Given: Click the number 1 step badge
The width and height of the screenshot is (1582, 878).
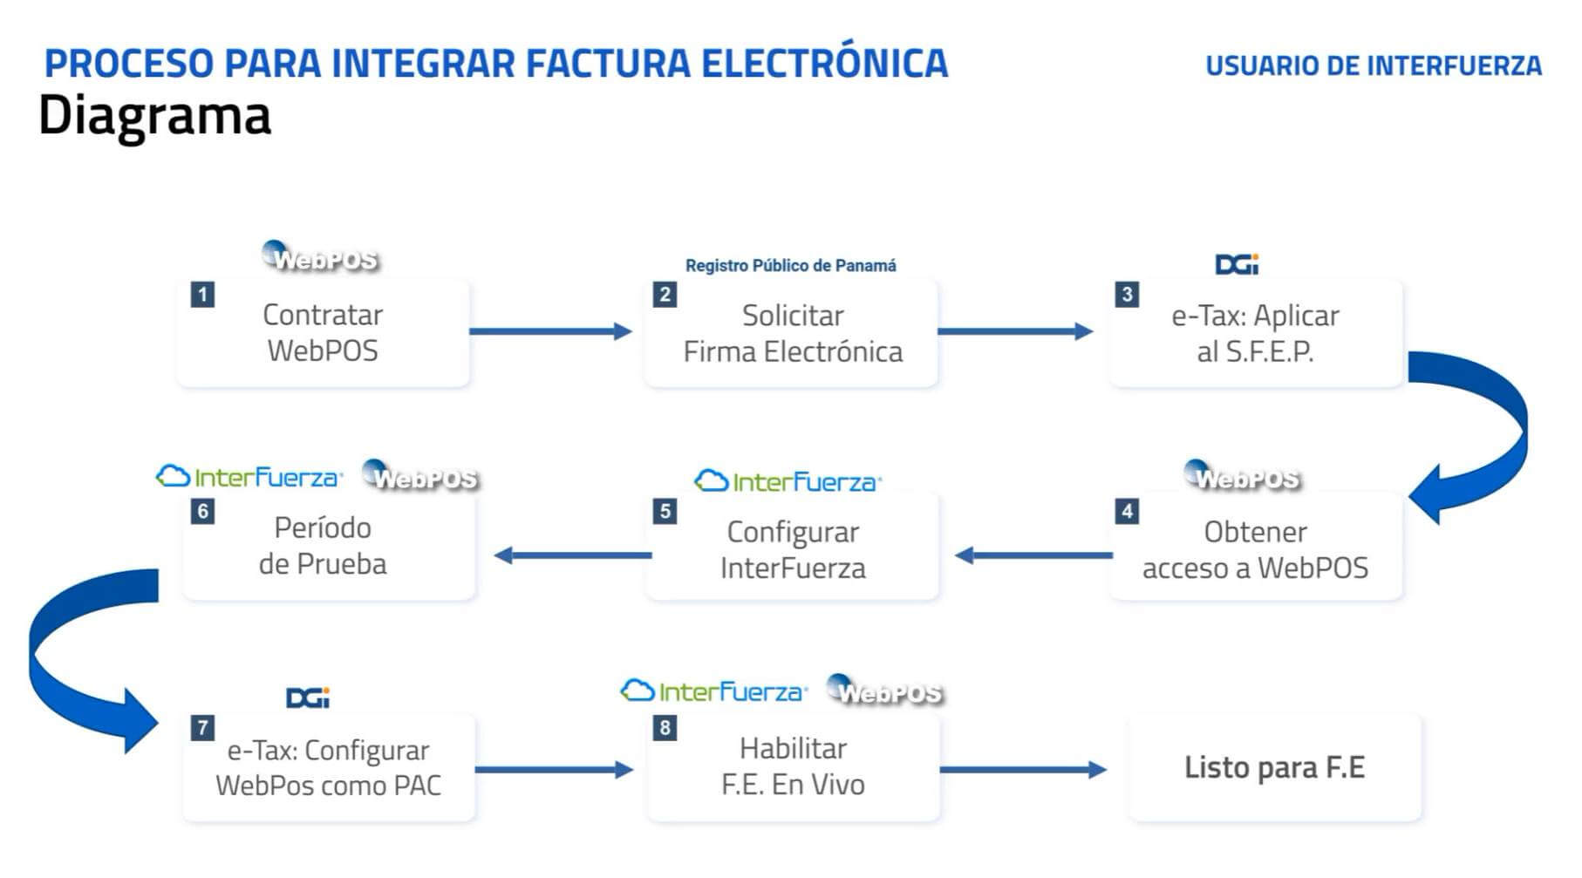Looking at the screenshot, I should coord(202,294).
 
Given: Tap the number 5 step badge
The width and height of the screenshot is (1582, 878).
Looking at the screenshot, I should coord(665,511).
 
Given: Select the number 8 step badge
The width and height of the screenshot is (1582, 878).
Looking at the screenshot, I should coord(665,727).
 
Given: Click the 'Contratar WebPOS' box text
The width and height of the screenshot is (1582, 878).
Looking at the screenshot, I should coord(323,332).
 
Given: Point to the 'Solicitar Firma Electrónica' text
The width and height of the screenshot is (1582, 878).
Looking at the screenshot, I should coord(792,333).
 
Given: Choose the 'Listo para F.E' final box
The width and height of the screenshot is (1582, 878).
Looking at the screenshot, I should coord(1274,767).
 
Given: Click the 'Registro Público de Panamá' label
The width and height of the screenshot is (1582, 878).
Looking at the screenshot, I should coord(790,265).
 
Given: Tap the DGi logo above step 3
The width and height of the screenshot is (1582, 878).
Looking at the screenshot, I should coord(1237,264).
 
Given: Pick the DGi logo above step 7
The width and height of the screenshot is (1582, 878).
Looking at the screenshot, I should coord(308,698).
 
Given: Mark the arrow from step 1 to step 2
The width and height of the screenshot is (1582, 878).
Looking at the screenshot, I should coord(549,331).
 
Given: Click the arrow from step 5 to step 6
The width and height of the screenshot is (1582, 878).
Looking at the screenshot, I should coord(573,555).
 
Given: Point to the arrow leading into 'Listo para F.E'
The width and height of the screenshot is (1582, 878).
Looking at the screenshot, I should coord(1022,769).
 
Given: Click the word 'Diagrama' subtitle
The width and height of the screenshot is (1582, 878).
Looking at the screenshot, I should coord(154,116).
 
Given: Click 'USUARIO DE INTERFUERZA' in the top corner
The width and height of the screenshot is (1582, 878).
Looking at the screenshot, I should coord(1373,65).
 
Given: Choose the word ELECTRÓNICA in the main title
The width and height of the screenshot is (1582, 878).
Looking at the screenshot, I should coord(824,64).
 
